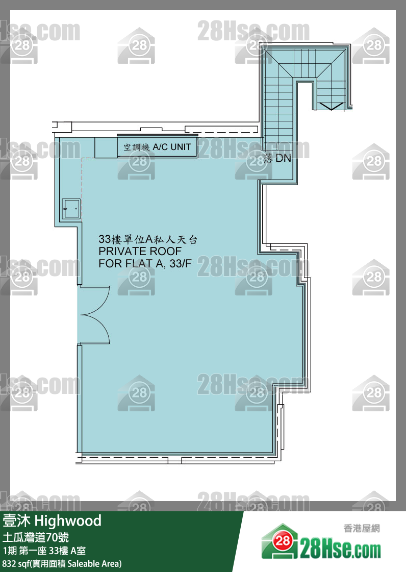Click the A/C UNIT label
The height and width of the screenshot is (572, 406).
[x=172, y=147]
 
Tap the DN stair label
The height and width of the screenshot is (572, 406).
[x=283, y=158]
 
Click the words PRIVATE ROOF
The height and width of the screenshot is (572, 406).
[x=140, y=251]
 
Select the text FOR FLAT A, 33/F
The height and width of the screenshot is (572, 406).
[x=145, y=263]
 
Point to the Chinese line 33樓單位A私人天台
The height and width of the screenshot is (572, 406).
[x=148, y=239]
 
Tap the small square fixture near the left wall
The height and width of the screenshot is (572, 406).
[x=71, y=209]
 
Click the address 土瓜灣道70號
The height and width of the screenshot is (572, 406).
[x=36, y=537]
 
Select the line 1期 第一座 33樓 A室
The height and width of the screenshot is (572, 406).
[x=44, y=551]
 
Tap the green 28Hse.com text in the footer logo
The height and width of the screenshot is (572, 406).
[x=340, y=550]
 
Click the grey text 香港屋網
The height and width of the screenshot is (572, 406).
[x=362, y=528]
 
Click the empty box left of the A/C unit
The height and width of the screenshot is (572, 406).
[x=106, y=147]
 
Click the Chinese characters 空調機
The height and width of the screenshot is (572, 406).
[x=136, y=147]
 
